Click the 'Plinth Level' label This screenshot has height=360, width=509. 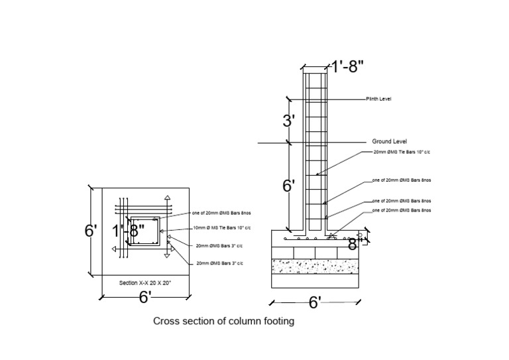pos(378,99)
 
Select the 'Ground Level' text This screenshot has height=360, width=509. pos(389,141)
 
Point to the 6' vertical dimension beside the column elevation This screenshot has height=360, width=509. pos(288,186)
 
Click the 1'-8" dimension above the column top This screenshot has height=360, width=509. pos(347,66)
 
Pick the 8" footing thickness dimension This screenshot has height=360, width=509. pos(352,244)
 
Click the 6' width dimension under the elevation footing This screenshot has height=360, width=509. pos(315,303)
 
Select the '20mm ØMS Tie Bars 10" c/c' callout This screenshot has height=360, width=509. pos(402,152)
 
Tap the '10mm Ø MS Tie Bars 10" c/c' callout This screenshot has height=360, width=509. pos(219,228)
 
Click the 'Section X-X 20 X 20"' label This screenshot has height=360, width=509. pos(145,283)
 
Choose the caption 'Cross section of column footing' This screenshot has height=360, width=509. pos(223,322)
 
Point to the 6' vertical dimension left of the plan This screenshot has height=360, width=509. pos(91,231)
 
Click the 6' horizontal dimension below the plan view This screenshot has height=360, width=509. pos(145,297)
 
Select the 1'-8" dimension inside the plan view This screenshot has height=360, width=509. pos(128,231)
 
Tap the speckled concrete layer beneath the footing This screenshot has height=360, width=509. pos(315,266)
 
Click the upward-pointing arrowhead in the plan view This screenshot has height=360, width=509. pos(168,198)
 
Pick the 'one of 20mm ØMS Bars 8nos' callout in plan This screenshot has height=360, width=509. pos(221,213)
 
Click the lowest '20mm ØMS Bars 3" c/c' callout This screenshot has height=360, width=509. pos(219,263)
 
